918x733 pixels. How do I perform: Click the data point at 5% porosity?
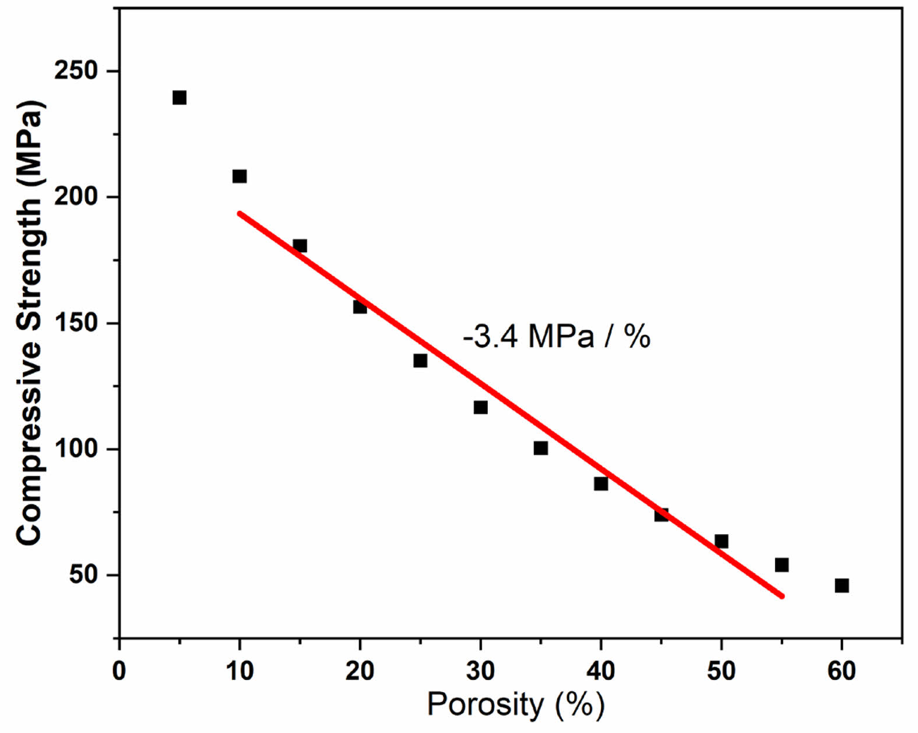pos(180,97)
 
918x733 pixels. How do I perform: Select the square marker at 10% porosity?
pos(240,176)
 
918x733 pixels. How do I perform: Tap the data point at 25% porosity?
pos(420,361)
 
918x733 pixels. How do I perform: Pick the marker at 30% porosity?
pos(480,407)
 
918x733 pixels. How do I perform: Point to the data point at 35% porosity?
pos(540,448)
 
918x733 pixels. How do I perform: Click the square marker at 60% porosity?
pos(842,586)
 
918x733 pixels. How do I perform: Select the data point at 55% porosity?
pos(782,565)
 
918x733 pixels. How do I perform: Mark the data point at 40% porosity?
pos(601,484)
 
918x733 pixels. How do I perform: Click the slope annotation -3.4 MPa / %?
pos(557,337)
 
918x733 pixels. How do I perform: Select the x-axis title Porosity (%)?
pos(516,704)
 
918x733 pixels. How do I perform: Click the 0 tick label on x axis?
pos(119,671)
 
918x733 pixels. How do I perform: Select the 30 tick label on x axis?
pos(480,671)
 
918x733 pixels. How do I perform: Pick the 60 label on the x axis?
pos(842,671)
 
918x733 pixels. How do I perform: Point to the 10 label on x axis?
pos(240,671)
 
